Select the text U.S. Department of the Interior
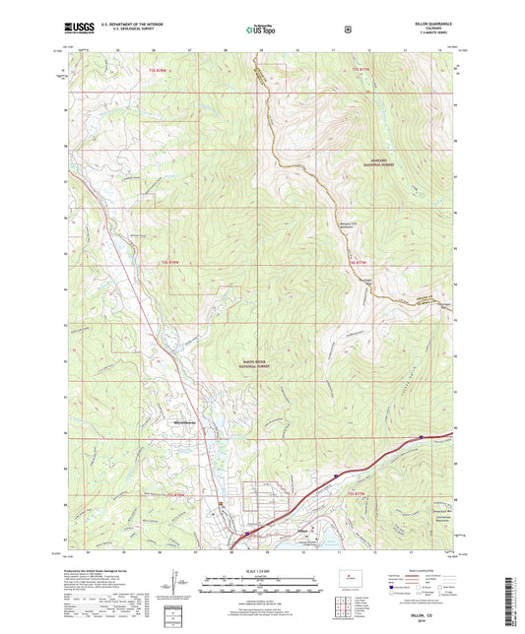[x=134, y=26]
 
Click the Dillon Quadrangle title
[x=427, y=25]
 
